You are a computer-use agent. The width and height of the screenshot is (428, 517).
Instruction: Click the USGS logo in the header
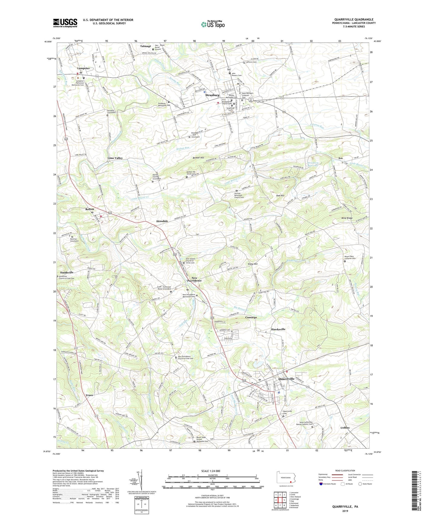[x=65, y=23]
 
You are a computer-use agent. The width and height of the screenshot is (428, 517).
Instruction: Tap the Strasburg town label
[x=212, y=95]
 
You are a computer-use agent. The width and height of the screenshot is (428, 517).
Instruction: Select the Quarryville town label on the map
[x=286, y=379]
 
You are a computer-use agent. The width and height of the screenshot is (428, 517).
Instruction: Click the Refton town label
[x=89, y=209]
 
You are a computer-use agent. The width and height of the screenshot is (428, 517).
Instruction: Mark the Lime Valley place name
[x=115, y=158]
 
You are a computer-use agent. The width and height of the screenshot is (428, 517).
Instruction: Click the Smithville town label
[x=67, y=272]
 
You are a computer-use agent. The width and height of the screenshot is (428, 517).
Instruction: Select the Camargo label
[x=251, y=317]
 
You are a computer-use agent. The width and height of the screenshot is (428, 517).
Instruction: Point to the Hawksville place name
[x=278, y=329]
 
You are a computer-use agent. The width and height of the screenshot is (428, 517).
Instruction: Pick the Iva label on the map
[x=340, y=158]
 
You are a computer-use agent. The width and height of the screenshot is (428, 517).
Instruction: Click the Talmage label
[x=145, y=46]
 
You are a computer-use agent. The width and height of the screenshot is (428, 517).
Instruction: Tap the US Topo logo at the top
[x=213, y=24]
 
